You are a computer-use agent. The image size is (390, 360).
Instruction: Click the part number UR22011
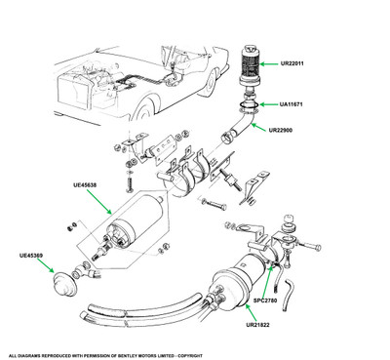click(x=292, y=63)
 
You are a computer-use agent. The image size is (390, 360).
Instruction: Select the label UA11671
click(x=292, y=104)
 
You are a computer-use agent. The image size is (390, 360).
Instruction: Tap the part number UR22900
click(x=281, y=130)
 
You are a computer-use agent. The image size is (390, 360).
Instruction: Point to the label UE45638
click(x=85, y=185)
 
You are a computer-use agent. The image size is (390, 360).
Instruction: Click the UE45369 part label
click(x=31, y=256)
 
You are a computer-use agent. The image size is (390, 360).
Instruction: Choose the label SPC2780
click(x=265, y=300)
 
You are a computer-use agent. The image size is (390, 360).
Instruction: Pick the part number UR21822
click(x=257, y=325)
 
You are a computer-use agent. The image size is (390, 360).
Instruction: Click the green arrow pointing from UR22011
click(x=269, y=63)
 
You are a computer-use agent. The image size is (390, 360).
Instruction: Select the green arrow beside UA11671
click(x=268, y=104)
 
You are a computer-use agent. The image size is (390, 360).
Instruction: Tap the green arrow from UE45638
click(x=99, y=202)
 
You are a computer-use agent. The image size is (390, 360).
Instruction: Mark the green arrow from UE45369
click(x=46, y=265)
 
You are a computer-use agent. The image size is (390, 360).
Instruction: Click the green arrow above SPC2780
click(x=268, y=280)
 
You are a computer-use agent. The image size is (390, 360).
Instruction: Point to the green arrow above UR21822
click(x=252, y=312)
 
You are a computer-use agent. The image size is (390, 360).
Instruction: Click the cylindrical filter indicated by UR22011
click(x=251, y=67)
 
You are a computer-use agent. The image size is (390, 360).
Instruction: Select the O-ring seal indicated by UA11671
click(x=250, y=104)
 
